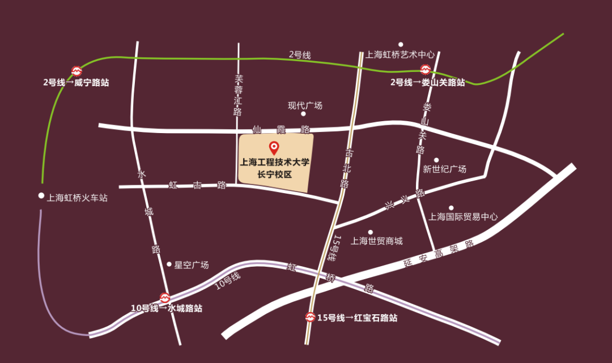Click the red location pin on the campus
coord(274,148)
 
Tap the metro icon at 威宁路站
coord(76,71)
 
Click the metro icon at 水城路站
coord(165,297)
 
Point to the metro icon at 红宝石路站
coord(310,318)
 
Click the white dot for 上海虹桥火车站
coord(41,196)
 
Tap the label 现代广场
coord(305,105)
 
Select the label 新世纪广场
coord(445,169)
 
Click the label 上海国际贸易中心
coord(464,216)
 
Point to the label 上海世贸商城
coord(377,241)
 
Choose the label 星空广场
coord(192,264)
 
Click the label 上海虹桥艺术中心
coord(401,54)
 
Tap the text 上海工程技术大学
coord(275,163)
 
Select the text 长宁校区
coord(275,174)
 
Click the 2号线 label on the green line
coord(300,54)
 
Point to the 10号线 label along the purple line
coord(228,281)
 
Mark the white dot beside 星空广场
coord(169,264)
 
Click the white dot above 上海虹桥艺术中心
coord(401,44)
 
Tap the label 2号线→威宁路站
coord(76,82)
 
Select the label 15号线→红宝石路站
coord(357,318)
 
